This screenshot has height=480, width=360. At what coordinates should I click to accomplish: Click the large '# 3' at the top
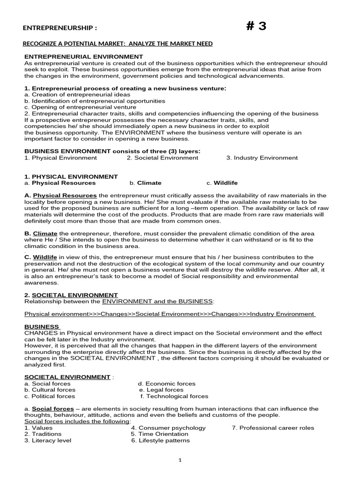[x=256, y=26]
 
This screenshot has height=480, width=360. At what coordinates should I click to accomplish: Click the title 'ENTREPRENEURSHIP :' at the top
[x=60, y=28]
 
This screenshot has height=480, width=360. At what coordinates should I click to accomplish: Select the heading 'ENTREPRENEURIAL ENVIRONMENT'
[x=83, y=56]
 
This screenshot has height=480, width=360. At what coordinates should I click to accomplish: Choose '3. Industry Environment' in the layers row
[x=262, y=158]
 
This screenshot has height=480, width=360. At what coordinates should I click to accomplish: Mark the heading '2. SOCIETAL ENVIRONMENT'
[x=71, y=295]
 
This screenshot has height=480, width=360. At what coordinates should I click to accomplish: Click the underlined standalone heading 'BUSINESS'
[x=42, y=327]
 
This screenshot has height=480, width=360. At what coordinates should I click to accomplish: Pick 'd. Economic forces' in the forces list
[x=163, y=383]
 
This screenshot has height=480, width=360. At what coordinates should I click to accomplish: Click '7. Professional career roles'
[x=273, y=427]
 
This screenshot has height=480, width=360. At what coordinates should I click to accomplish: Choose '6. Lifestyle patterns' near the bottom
[x=160, y=440]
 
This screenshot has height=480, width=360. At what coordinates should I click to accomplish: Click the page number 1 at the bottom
[x=180, y=460]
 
